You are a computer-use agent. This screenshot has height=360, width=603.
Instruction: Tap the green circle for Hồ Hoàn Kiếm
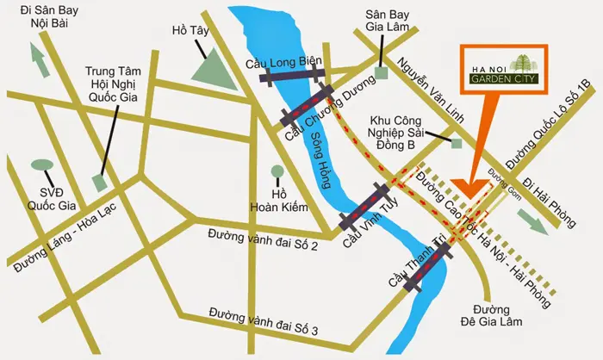coord(277,171)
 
